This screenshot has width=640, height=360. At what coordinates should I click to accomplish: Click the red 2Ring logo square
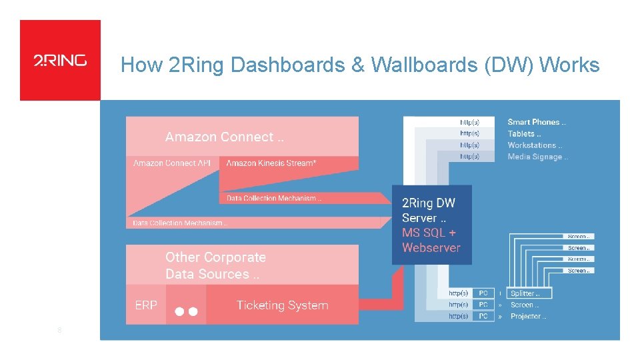pyautogui.click(x=60, y=60)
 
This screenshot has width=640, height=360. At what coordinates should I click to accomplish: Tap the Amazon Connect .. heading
pyautogui.click(x=224, y=137)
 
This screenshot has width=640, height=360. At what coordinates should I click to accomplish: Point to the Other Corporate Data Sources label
pyautogui.click(x=215, y=265)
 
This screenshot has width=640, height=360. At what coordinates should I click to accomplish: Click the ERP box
pyautogui.click(x=146, y=305)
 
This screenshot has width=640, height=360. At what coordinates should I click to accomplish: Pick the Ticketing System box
pyautogui.click(x=282, y=305)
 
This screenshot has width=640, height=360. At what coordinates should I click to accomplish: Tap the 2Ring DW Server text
pyautogui.click(x=429, y=210)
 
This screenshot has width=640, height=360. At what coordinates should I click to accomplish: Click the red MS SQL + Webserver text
pyautogui.click(x=431, y=240)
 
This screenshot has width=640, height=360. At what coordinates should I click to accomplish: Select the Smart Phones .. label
pyautogui.click(x=537, y=122)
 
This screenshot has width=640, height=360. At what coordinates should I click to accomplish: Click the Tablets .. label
pyautogui.click(x=523, y=133)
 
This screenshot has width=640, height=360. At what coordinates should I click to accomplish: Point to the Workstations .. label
pyautogui.click(x=535, y=145)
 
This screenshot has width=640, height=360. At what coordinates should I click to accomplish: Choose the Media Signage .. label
pyautogui.click(x=537, y=157)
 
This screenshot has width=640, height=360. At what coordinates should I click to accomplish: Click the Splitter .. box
pyautogui.click(x=529, y=293)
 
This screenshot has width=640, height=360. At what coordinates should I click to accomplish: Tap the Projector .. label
pyautogui.click(x=528, y=316)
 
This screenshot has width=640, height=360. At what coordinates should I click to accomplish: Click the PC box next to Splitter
pyautogui.click(x=483, y=293)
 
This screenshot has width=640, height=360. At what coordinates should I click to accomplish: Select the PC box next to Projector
pyautogui.click(x=483, y=316)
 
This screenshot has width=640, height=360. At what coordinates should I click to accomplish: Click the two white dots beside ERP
pyautogui.click(x=186, y=311)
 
